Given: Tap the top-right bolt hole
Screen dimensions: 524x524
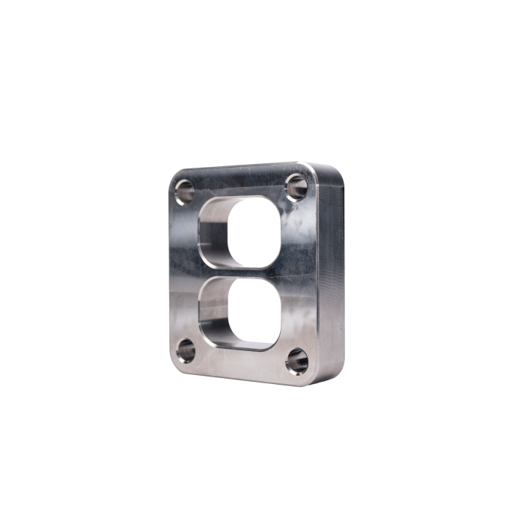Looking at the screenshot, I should point(296,184).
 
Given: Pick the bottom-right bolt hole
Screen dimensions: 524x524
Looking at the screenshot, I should point(296,362).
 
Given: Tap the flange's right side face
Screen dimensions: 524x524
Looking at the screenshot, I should point(331,273).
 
